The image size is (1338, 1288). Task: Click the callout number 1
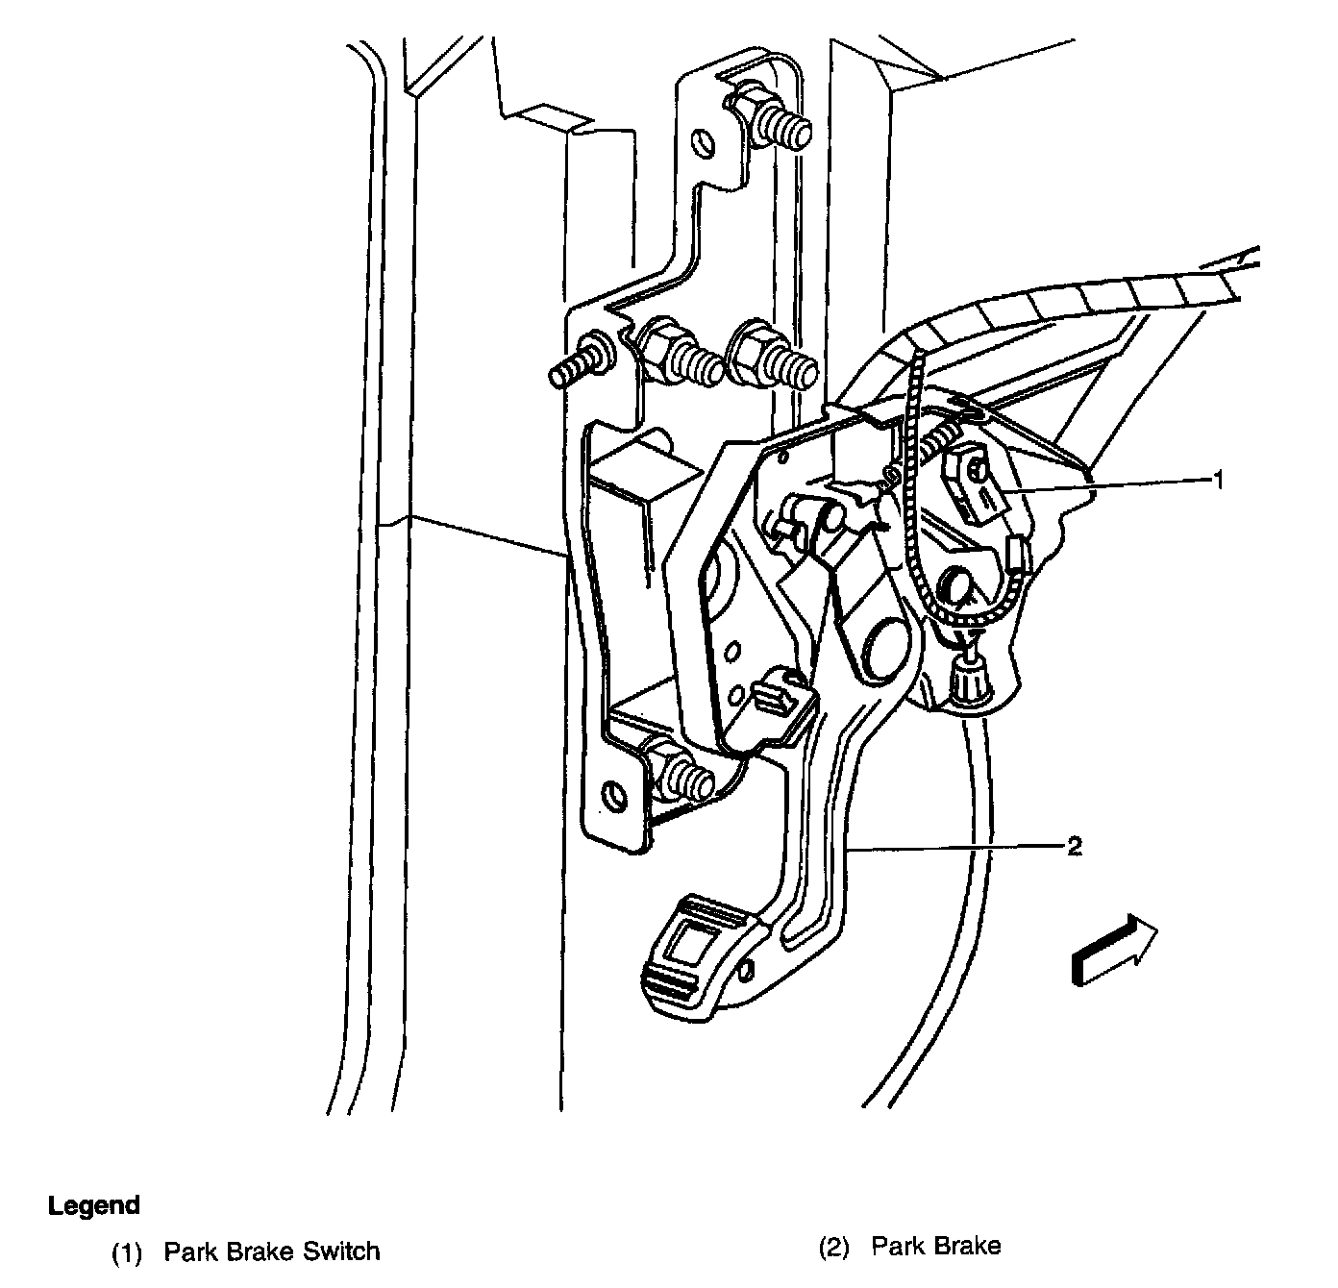(1219, 480)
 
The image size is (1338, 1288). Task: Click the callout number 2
(1075, 846)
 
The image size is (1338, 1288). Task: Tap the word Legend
(94, 1205)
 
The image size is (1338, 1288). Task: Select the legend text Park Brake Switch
(272, 1251)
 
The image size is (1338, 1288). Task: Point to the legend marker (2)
(834, 1249)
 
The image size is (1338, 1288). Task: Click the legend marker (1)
(127, 1251)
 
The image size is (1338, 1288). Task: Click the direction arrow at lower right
(1114, 950)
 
